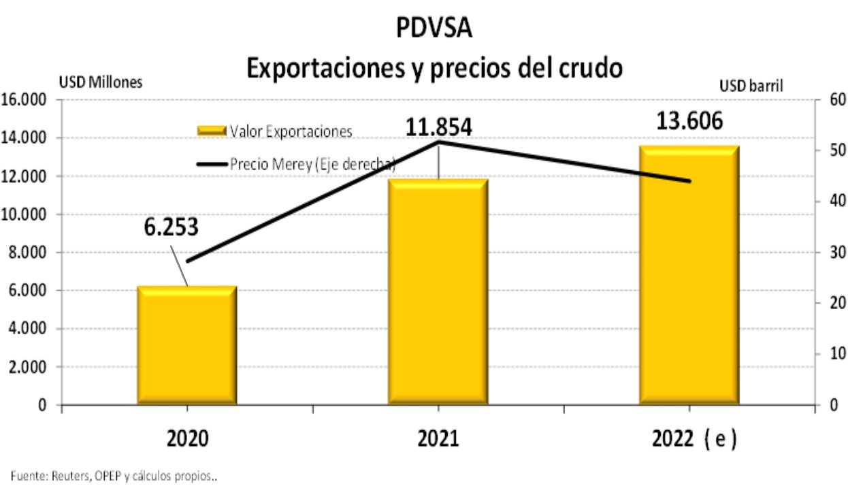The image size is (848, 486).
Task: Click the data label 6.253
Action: point(172,227)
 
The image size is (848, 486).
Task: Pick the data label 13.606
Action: point(689,120)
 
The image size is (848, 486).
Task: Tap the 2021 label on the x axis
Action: point(438,439)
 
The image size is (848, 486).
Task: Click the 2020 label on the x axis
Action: point(187,439)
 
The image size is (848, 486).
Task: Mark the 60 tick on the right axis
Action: point(832,100)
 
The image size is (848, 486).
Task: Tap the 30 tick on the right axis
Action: point(832,253)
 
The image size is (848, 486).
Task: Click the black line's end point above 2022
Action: point(689,181)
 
